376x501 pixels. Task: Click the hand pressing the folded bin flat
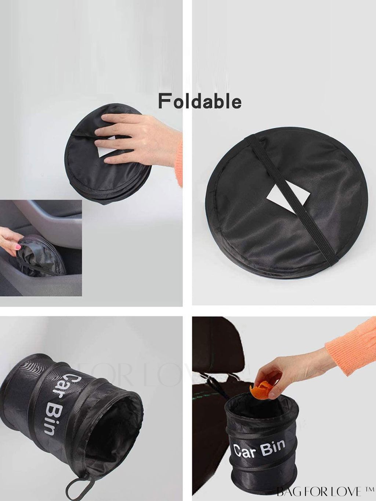[137, 138]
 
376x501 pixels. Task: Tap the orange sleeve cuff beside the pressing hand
[178, 164]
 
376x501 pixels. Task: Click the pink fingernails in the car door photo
[18, 246]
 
